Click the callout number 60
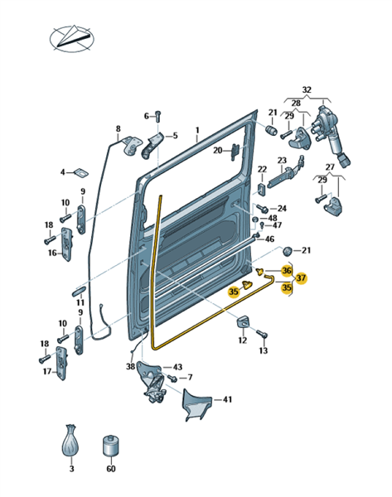click(111, 468)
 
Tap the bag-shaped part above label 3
click(70, 441)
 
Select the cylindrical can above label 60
click(111, 446)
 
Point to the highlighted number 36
click(287, 270)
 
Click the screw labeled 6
click(158, 117)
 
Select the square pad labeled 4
click(81, 173)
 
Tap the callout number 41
click(227, 399)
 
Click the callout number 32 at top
click(307, 89)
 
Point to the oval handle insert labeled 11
click(79, 291)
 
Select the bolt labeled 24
click(263, 209)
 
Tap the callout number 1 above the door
click(197, 130)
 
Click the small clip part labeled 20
click(235, 152)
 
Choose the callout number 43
click(177, 367)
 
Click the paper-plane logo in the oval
click(72, 38)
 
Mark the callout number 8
click(118, 128)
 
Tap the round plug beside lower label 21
click(287, 251)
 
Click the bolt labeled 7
click(172, 378)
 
